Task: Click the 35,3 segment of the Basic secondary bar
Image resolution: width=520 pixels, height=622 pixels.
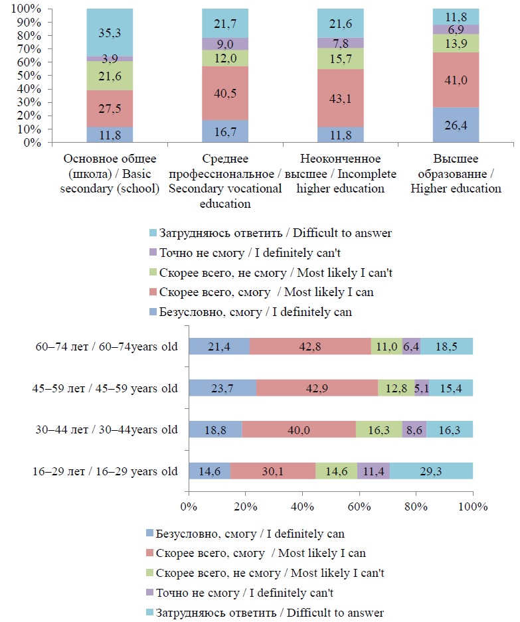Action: point(110,33)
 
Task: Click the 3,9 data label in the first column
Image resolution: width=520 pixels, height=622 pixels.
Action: point(110,58)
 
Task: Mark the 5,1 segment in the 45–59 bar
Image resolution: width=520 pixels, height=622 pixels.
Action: point(421,388)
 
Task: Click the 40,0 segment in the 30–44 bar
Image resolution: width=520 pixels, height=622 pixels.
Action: point(299,429)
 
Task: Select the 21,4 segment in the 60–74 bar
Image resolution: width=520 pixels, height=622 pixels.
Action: point(219,347)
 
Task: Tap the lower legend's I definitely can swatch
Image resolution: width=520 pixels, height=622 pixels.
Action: point(148,533)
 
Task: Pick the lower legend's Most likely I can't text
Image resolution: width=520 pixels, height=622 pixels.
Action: point(270,572)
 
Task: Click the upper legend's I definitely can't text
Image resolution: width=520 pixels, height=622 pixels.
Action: point(256,252)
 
